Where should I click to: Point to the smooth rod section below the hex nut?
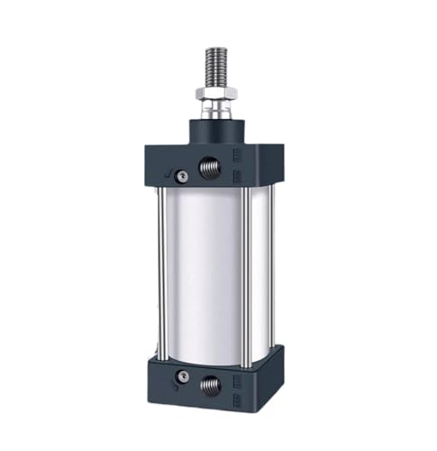(x=216, y=109)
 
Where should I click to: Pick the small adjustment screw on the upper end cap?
(x=183, y=175)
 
